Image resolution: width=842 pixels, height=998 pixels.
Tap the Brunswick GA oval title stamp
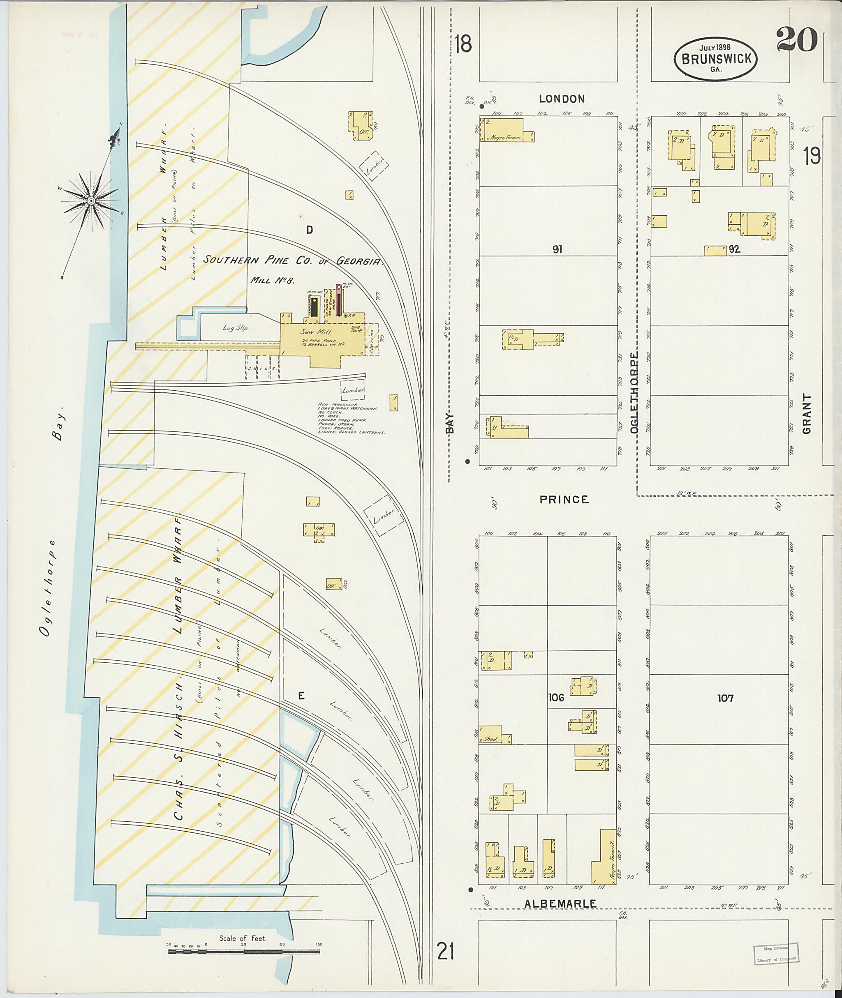pyautogui.click(x=715, y=58)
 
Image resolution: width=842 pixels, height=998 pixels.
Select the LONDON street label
pyautogui.click(x=561, y=99)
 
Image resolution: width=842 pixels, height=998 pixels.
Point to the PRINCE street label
pyautogui.click(x=564, y=500)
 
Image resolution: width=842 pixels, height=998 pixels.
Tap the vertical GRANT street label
pyautogui.click(x=807, y=414)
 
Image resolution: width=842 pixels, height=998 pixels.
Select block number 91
pyautogui.click(x=557, y=249)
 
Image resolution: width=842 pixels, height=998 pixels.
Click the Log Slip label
pyautogui.click(x=235, y=328)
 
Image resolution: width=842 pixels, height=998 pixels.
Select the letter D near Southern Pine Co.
pyautogui.click(x=309, y=230)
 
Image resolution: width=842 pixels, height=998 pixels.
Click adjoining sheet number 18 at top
pyautogui.click(x=463, y=44)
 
